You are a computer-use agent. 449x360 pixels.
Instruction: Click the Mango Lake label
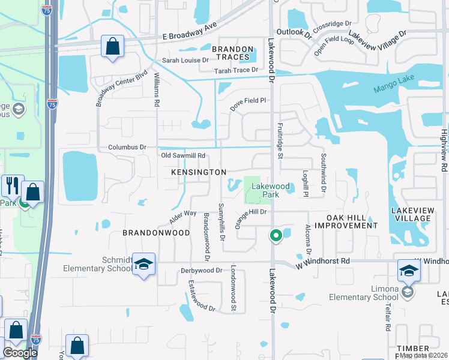tap(394, 87)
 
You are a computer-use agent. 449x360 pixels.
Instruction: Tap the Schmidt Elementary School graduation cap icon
tap(143, 265)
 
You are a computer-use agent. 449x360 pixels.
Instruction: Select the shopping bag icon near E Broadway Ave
tap(112, 46)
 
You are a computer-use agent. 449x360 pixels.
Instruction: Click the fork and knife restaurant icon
tap(12, 186)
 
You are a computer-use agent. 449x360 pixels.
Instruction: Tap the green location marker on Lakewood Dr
tap(276, 235)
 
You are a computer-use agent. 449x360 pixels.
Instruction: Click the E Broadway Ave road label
tap(190, 35)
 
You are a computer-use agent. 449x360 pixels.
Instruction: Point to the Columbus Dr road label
tap(127, 147)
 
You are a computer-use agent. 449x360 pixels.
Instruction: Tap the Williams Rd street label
tap(156, 90)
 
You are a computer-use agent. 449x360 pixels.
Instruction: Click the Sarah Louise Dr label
tap(185, 61)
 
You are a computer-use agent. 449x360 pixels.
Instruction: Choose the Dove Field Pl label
tap(249, 100)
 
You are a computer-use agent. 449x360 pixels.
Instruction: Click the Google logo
tap(20, 353)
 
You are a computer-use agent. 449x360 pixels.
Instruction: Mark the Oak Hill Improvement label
tap(346, 221)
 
